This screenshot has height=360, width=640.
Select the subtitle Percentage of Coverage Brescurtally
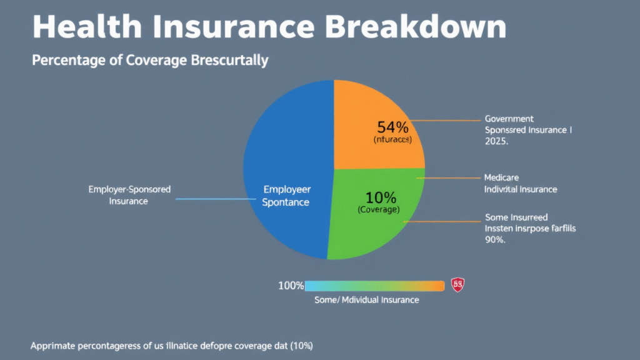click(150, 61)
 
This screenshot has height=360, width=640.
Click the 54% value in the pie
click(392, 127)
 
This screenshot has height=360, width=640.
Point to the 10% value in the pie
click(381, 197)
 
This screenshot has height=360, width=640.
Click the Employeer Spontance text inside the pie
click(287, 196)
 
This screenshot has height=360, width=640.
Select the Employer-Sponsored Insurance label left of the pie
click(129, 195)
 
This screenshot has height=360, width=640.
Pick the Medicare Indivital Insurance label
click(521, 183)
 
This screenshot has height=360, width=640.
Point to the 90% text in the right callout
click(495, 241)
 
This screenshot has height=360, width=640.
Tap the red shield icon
click(458, 286)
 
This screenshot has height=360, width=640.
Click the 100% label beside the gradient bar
click(291, 286)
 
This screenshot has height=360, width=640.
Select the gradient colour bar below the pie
click(374, 286)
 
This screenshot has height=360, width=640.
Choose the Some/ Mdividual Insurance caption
click(366, 300)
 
